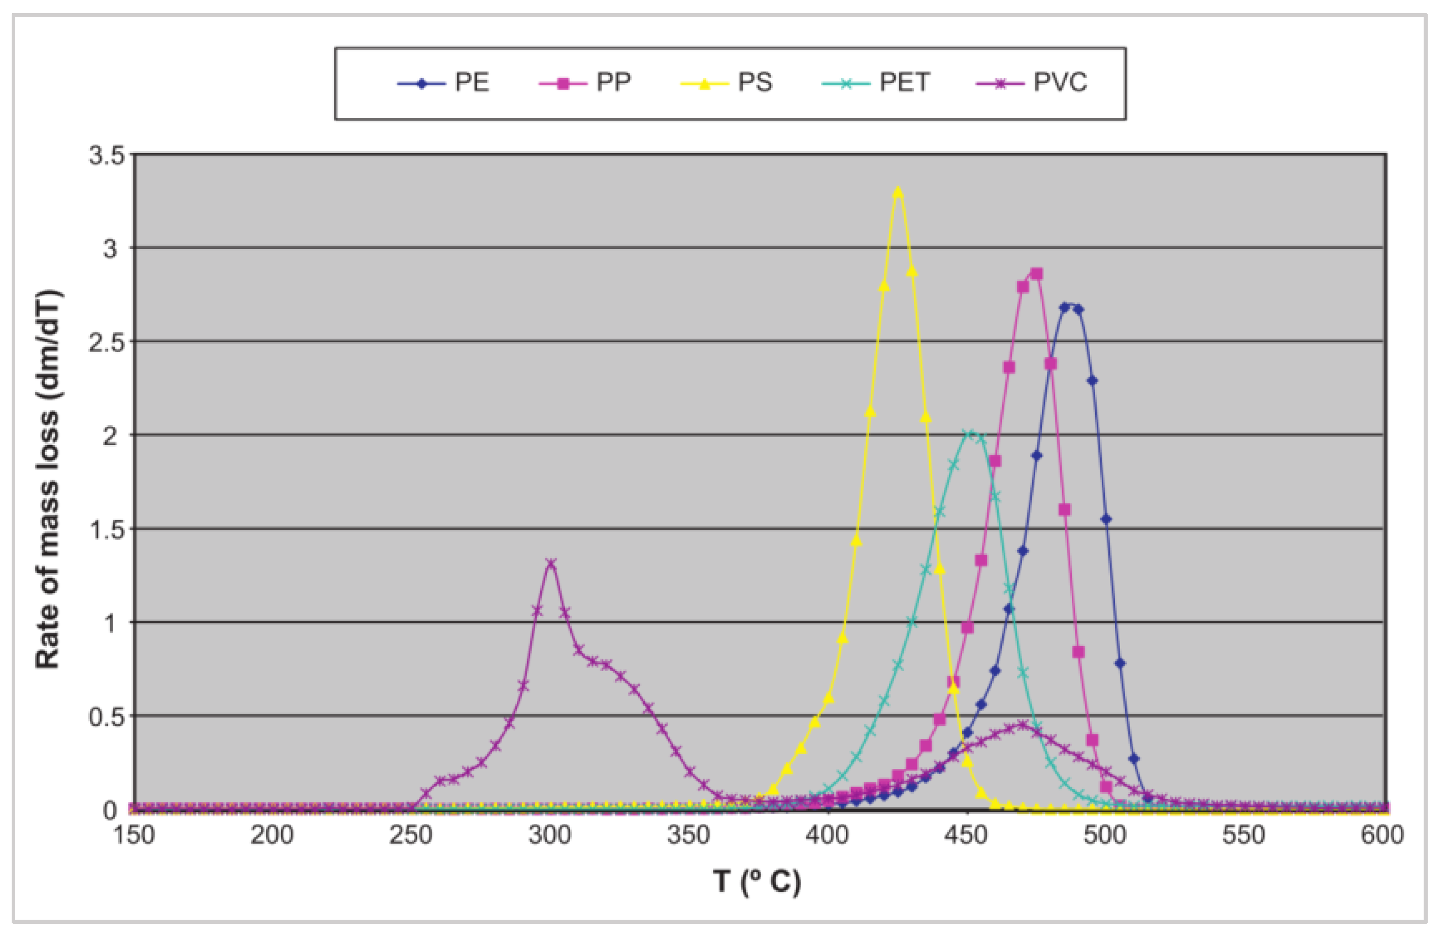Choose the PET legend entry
(877, 83)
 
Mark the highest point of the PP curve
(1036, 274)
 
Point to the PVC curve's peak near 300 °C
(551, 563)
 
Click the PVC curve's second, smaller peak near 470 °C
(1023, 725)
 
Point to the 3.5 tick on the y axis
(107, 155)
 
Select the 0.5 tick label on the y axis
(107, 717)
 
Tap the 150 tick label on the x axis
(134, 835)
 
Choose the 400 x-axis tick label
(828, 835)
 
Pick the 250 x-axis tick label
(411, 835)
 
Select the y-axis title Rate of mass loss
(47, 480)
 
